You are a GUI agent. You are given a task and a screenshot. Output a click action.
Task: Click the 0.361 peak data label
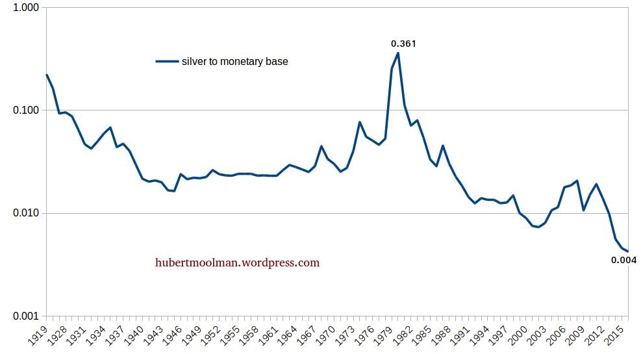point(403,44)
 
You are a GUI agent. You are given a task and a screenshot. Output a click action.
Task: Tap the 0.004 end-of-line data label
point(623,261)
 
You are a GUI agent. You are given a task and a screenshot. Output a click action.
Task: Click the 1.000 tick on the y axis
point(27,8)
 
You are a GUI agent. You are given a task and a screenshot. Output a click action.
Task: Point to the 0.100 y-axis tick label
point(27,110)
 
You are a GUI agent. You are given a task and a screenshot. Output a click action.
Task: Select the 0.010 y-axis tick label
point(27,214)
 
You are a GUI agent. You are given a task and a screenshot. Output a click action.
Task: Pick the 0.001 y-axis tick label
point(27,316)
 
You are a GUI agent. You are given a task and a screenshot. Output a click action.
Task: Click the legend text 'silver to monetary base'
point(234,62)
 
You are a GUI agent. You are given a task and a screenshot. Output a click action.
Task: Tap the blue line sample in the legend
point(167,62)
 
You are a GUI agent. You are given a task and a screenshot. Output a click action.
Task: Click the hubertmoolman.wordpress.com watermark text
point(237,263)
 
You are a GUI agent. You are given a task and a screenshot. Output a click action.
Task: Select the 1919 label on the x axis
point(39,337)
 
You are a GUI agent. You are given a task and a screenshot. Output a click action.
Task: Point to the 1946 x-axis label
point(173,337)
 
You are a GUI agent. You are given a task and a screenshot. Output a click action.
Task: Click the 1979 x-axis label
point(383,337)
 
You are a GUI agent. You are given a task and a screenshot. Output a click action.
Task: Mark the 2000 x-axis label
point(517,337)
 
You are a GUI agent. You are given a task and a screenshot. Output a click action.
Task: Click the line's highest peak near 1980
point(398,53)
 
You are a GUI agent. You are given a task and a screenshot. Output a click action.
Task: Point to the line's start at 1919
point(47,75)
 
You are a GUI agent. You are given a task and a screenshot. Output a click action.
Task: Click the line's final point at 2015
point(627,251)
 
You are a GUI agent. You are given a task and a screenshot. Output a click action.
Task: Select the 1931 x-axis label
point(77,337)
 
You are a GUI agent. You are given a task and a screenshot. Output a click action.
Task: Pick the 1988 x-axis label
point(440,337)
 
